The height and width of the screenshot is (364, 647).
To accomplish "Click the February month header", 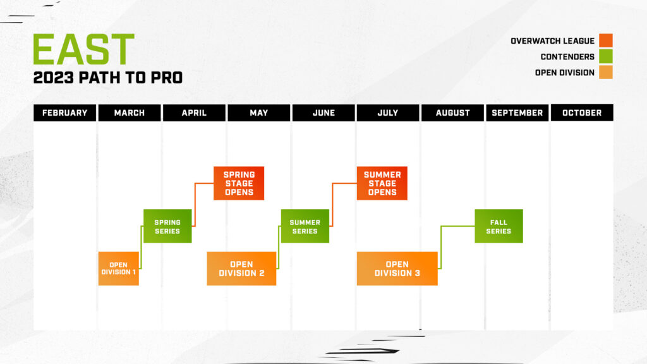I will pos(64,112).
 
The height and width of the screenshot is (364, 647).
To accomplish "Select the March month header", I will pos(130,112).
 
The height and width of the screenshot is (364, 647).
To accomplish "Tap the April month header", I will pos(194,112).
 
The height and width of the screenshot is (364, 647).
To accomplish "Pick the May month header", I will pos(258,112).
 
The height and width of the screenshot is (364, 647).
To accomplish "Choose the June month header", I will pos(323,112).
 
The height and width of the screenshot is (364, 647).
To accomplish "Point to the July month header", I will pos(388,112).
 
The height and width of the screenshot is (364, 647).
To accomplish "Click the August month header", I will pos(452,112).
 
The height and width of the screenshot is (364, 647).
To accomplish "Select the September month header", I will pos(517,112).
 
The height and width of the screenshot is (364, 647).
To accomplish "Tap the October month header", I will pos(582,112).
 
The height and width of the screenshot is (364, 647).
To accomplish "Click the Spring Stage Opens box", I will pos(239,183).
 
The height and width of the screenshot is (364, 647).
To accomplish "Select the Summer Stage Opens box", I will pos(382,183).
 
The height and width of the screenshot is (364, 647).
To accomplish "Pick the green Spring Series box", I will pos(167,226).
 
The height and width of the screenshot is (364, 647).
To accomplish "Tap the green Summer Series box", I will pos(305,226).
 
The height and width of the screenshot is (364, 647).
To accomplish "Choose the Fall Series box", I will pos(499,226).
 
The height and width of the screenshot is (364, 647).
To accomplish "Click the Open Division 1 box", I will pos(119,269).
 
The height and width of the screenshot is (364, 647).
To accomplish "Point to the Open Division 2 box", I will pos(241,269).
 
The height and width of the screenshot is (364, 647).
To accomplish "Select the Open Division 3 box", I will pos(397,269).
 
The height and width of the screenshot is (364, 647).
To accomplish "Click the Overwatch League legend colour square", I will pos(606,41).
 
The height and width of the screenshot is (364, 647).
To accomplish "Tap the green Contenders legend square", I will pos(606,57).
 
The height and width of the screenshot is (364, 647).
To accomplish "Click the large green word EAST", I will pos(83,50).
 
